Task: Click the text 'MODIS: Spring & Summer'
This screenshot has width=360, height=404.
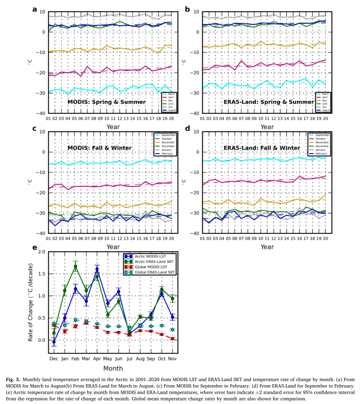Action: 107,102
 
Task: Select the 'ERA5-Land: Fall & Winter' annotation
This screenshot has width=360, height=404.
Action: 262,148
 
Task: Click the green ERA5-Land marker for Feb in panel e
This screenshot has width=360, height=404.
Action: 76,266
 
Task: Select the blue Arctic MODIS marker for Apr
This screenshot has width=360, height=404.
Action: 97,269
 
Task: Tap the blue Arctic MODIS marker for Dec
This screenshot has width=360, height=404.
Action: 54,342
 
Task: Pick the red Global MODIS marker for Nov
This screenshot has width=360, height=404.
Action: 172,339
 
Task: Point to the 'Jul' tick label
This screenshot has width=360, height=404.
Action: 129,358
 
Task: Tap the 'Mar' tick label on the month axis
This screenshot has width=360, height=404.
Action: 86,358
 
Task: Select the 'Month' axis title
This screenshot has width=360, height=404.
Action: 113,369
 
